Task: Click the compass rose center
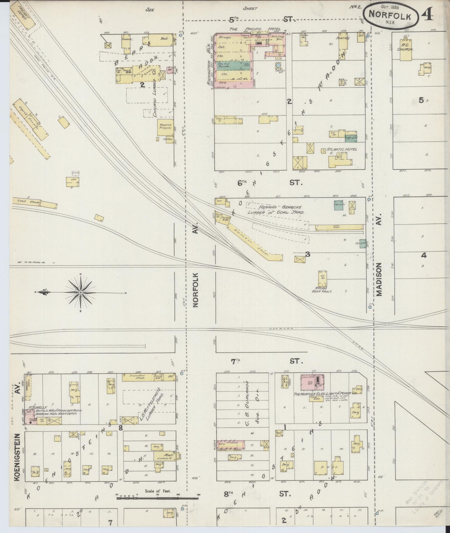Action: tap(80, 292)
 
